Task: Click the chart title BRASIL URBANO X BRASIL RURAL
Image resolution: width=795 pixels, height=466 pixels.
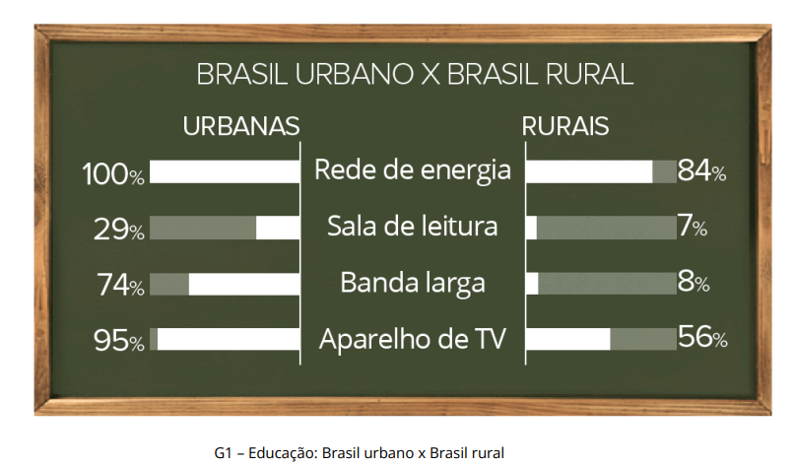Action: coord(415,75)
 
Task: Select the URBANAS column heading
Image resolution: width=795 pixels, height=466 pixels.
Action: coord(241,126)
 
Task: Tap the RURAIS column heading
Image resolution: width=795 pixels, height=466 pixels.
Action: coord(565,126)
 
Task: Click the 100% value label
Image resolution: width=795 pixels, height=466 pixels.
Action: coord(113,174)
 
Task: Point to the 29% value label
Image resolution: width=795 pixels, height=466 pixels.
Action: coord(119,230)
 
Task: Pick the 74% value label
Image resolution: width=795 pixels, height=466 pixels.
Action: coord(120,285)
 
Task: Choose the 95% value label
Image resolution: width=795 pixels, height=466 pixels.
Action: coord(119,340)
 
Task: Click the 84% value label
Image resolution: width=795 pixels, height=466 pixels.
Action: coord(702,170)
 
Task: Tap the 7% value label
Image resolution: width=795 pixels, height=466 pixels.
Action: coord(693,226)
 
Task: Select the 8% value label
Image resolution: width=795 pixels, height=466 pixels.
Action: coord(694,282)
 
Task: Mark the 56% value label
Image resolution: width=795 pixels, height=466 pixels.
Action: coord(702,337)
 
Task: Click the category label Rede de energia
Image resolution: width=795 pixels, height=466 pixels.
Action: coord(413,170)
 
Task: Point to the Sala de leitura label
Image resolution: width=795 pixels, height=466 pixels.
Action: coord(413,226)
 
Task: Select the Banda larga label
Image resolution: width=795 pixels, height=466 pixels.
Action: coord(413,283)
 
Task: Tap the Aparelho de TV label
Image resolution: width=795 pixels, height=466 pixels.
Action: coord(413,338)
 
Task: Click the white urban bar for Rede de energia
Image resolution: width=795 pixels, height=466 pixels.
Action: coord(225,171)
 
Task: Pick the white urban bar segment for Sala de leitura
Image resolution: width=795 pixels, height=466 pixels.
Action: coord(278,228)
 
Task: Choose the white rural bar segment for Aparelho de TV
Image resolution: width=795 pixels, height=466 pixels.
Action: coord(568,339)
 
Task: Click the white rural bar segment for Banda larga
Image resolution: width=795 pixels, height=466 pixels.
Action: coord(532,284)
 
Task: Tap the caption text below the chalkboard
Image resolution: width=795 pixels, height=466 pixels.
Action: coord(359,452)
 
